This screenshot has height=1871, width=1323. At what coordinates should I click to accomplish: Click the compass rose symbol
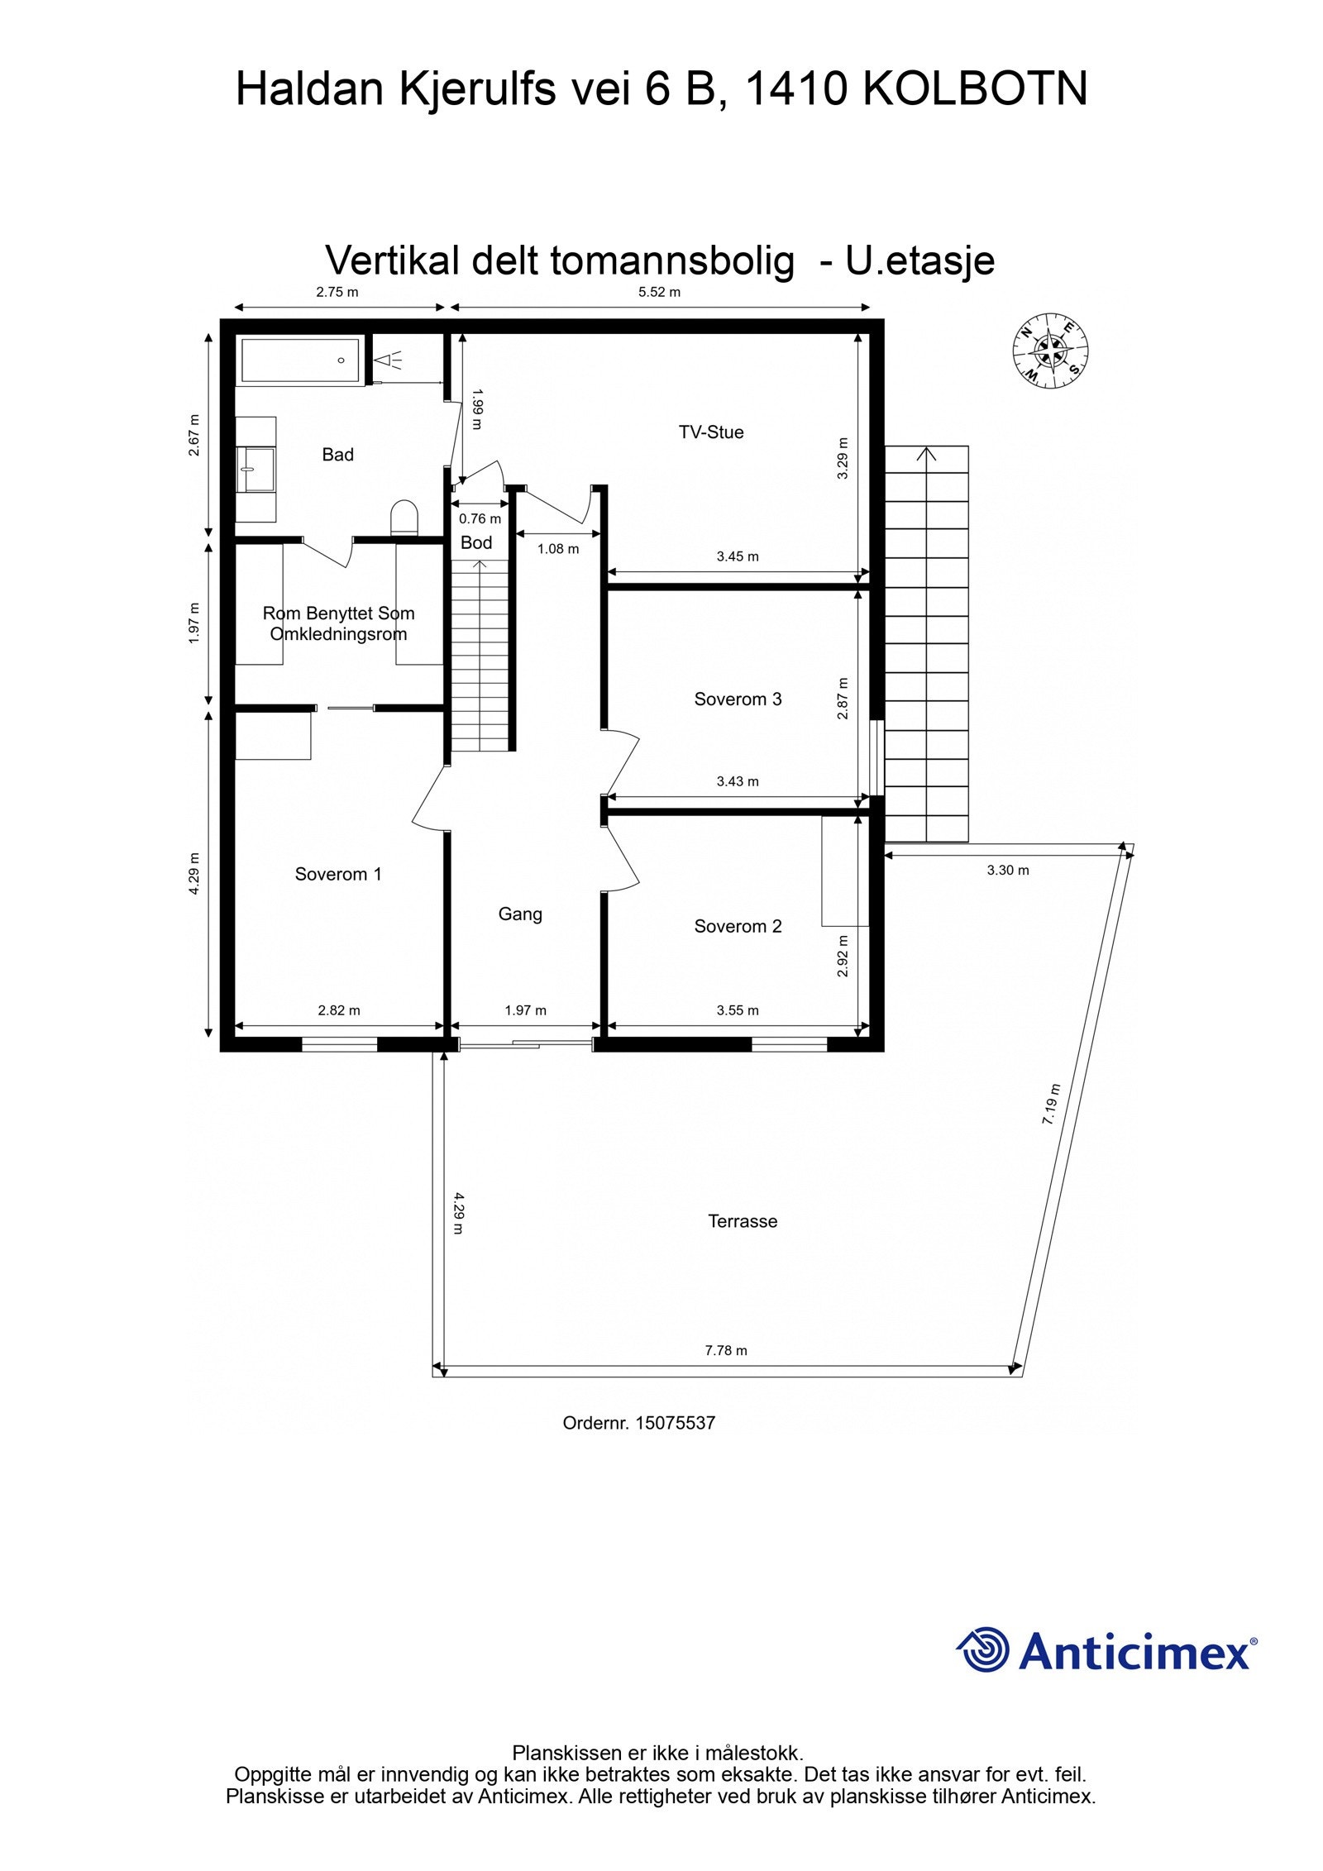[x=1051, y=350]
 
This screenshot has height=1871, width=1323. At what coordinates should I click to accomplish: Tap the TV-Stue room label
[x=710, y=432]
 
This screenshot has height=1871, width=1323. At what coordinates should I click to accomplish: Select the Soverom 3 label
[x=738, y=699]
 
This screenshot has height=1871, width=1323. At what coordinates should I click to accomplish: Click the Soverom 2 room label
[x=738, y=927]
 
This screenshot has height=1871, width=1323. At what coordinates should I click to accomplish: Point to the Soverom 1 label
[x=338, y=875]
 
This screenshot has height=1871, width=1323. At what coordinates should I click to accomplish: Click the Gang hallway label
[x=520, y=914]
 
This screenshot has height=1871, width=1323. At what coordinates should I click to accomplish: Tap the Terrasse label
[x=743, y=1221]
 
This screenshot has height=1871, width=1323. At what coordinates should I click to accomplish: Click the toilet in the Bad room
[x=404, y=518]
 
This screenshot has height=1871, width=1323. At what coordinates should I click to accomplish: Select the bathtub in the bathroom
[x=299, y=360]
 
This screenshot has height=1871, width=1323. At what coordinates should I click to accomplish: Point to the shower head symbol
[x=386, y=360]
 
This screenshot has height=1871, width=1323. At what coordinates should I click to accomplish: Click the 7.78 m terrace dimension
[x=726, y=1350]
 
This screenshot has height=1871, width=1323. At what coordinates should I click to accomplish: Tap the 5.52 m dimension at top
[x=659, y=292]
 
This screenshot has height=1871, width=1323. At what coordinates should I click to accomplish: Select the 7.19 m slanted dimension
[x=1050, y=1104]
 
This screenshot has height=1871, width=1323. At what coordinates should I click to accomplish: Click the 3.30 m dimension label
[x=1008, y=870]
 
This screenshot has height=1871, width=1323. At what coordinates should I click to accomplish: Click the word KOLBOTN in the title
[x=975, y=89]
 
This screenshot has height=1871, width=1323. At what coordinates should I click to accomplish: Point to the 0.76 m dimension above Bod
[x=480, y=519]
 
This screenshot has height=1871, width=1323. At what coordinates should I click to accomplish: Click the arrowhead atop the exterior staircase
[x=927, y=453]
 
